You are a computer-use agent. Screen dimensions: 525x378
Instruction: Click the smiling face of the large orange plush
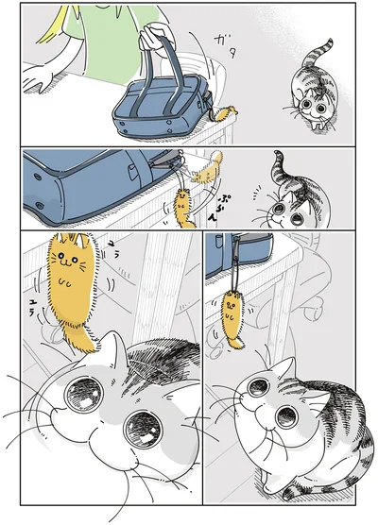coord(69,260)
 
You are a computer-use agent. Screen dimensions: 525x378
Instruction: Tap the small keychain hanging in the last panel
coord(231,316)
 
